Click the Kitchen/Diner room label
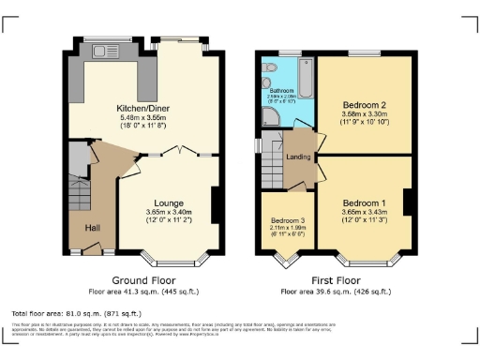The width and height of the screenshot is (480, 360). click(142, 108)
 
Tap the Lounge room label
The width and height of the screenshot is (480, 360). click(169, 203)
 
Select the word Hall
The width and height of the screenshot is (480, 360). click(93, 228)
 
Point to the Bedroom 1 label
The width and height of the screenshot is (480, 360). click(365, 203)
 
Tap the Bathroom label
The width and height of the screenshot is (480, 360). click(282, 90)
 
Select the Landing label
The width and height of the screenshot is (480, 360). click(298, 157)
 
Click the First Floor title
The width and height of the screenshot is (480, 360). click(337, 279)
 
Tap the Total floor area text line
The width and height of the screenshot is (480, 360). click(76, 312)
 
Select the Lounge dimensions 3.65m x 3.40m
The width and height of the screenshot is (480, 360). click(169, 213)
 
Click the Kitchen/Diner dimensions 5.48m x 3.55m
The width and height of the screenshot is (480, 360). click(142, 117)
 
